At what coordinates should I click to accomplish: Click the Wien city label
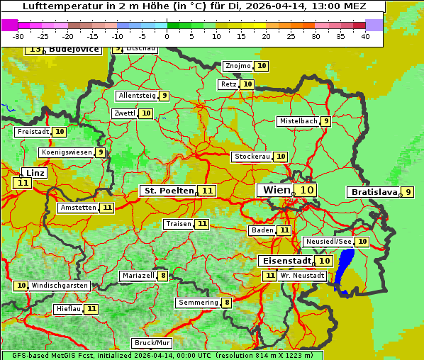276,190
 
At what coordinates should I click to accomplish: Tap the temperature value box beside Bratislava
408,192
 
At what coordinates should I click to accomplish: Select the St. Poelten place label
169,191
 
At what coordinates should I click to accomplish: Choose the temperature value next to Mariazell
163,276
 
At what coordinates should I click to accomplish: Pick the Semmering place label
199,303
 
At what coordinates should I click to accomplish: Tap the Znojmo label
238,66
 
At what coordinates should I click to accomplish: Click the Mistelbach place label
298,121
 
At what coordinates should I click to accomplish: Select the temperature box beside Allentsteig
164,96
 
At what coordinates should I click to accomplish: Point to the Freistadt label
33,132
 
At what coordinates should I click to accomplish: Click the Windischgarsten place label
60,286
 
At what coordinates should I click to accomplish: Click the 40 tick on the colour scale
365,36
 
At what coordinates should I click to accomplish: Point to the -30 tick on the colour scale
18,36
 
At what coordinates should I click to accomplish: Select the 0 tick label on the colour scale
167,36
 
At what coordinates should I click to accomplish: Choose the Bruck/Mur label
152,343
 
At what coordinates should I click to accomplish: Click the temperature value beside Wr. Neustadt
269,276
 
